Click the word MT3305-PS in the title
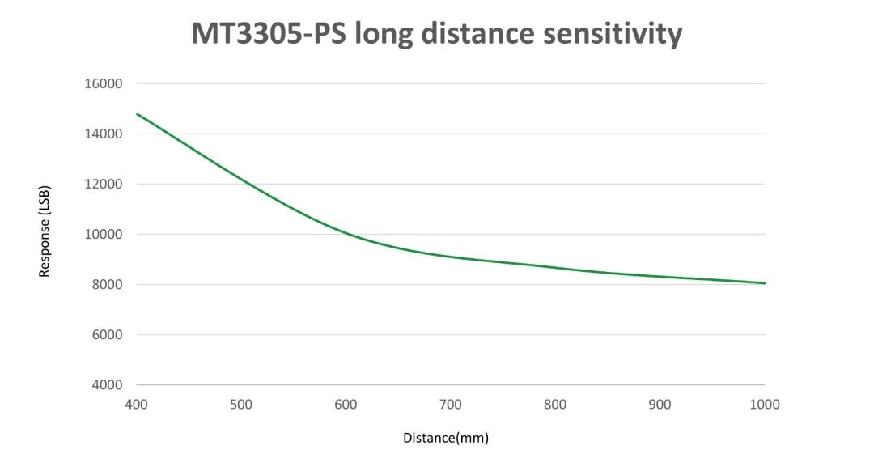(255, 34)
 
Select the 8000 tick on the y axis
(108, 284)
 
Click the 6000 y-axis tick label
(108, 334)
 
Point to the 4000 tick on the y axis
(108, 384)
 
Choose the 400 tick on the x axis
(136, 404)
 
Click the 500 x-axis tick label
(241, 404)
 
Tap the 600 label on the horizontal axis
(346, 404)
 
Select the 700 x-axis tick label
(450, 404)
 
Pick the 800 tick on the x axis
(555, 404)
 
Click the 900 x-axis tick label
(660, 404)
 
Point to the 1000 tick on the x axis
(764, 404)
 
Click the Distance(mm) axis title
(446, 438)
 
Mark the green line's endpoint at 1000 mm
(764, 283)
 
